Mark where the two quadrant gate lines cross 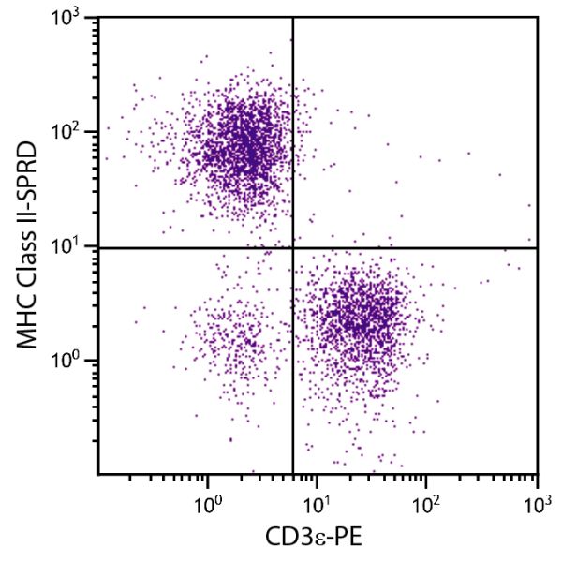click(x=293, y=247)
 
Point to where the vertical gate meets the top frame click(x=293, y=17)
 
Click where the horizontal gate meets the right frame click(x=537, y=247)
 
